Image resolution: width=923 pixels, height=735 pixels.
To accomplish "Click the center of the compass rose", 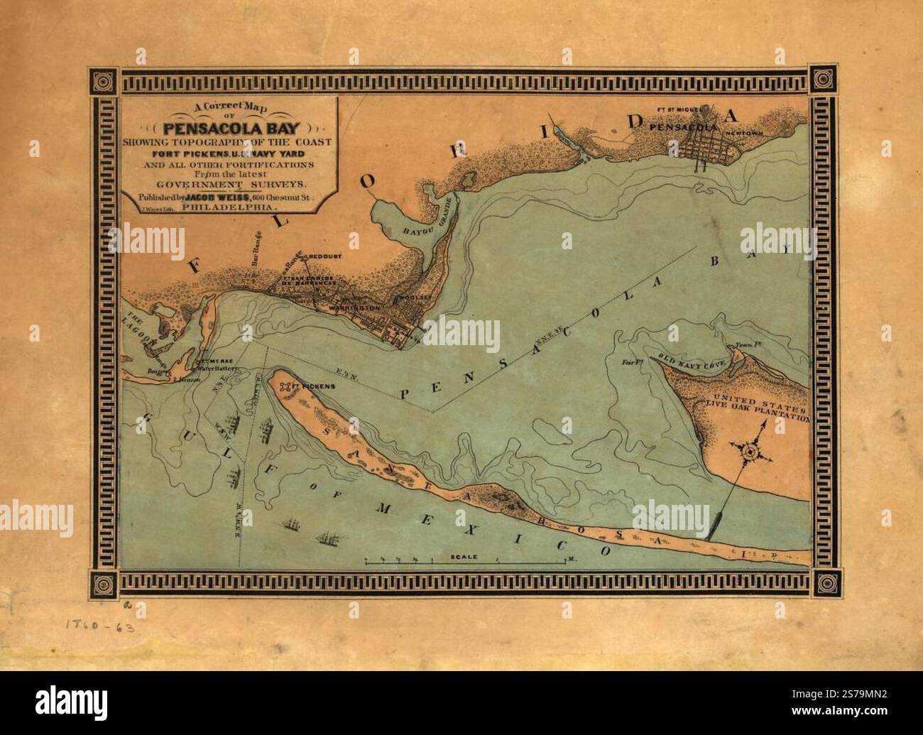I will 750,450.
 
